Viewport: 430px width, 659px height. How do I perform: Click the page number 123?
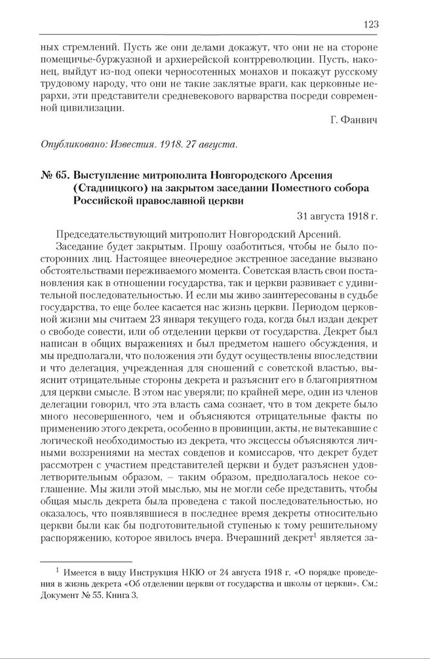coord(370,24)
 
